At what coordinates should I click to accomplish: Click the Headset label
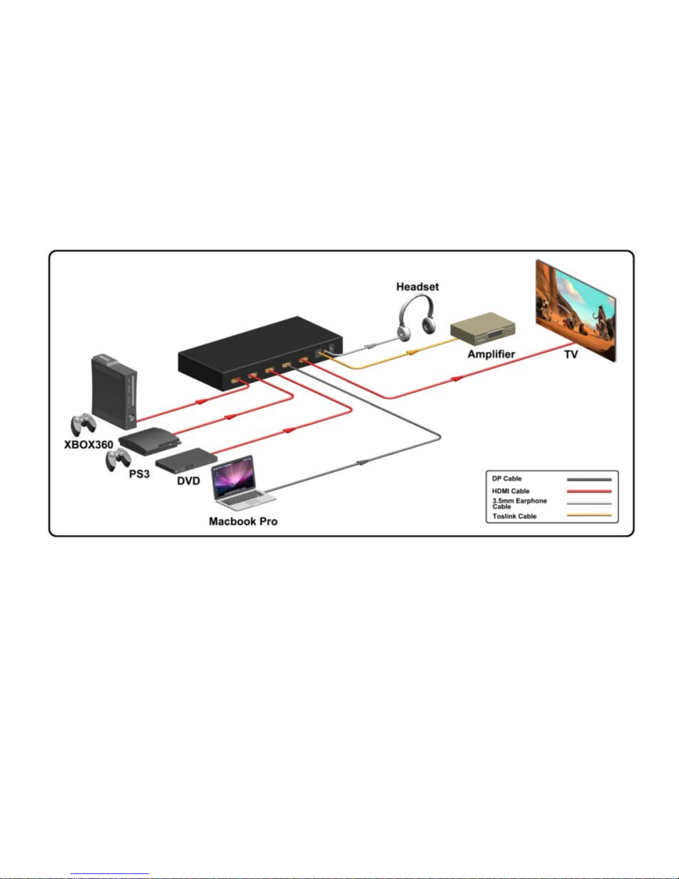pos(417,287)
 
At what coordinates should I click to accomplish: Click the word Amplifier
pos(491,354)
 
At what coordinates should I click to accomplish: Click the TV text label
pos(571,354)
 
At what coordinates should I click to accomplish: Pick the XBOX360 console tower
pos(114,392)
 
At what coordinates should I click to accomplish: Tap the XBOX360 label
pos(89,445)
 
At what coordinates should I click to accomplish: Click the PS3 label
pos(139,474)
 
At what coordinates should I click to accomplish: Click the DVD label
pos(188,481)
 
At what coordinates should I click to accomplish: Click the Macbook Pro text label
pos(243,521)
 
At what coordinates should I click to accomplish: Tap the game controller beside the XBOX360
pos(83,424)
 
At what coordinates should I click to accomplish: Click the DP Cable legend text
pos(507,479)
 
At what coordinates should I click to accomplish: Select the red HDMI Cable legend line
pos(589,491)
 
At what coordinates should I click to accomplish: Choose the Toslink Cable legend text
pos(514,516)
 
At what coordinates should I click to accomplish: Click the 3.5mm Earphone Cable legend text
pos(519,504)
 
